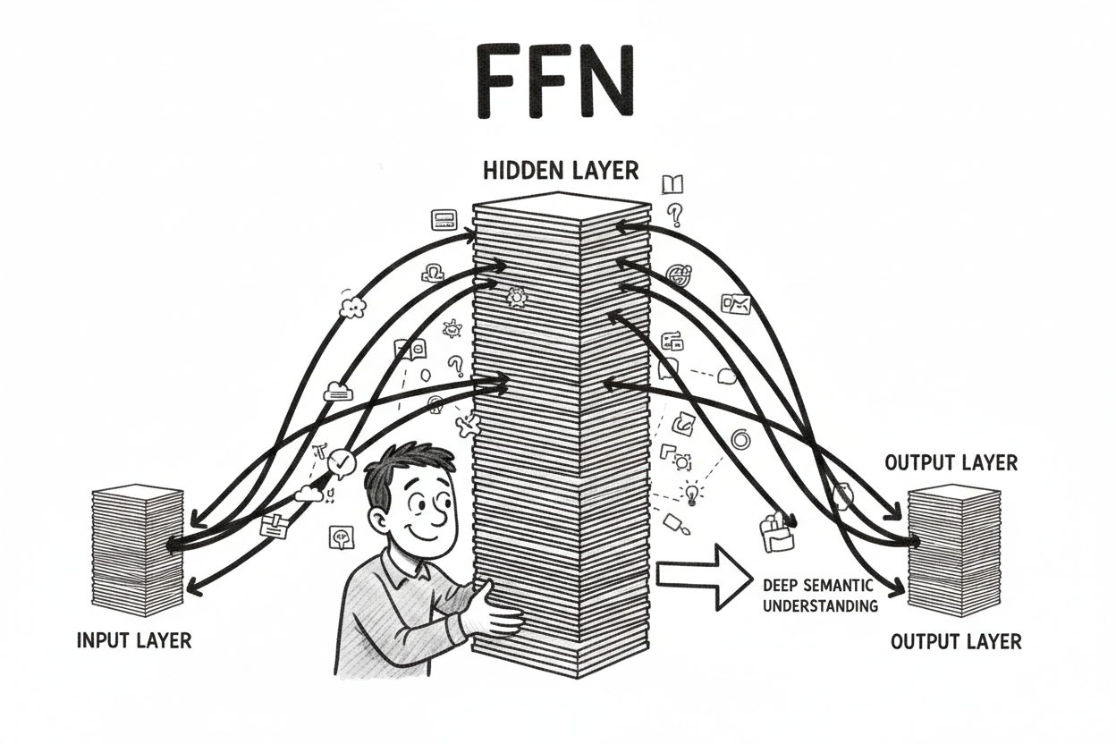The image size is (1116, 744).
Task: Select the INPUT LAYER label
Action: tap(134, 640)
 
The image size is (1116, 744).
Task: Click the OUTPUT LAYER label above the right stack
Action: tap(951, 462)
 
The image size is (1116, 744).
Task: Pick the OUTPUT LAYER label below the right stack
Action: tap(956, 641)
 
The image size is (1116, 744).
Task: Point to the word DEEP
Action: tap(782, 587)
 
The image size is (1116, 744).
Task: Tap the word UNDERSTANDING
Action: tap(820, 606)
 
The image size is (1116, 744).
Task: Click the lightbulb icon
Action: tap(691, 491)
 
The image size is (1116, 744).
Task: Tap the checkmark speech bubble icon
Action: tap(342, 462)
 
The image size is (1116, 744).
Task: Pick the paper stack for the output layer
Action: tap(953, 549)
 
